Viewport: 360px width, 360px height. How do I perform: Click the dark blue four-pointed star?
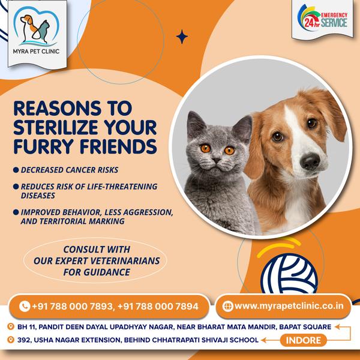pos(182,37)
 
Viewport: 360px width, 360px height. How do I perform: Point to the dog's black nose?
pos(310,161)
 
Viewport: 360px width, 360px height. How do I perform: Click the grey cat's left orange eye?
pos(205,148)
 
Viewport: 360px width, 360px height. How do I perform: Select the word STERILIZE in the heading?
pos(56,127)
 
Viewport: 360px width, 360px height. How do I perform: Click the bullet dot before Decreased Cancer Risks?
pos(16,170)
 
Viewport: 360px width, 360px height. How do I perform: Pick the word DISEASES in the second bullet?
pos(38,196)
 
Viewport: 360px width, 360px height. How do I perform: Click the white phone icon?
pos(25,306)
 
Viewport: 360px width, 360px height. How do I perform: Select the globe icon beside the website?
pos(227,306)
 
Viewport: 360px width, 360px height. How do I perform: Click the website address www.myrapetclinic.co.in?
pos(289,306)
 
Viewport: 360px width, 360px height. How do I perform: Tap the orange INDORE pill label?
pos(303,340)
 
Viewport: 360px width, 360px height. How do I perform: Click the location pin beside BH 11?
pos(11,326)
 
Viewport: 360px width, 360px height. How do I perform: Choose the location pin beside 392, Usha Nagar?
pos(11,340)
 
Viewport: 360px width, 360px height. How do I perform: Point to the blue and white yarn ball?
pos(289,274)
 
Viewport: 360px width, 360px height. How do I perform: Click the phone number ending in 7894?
pos(158,306)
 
